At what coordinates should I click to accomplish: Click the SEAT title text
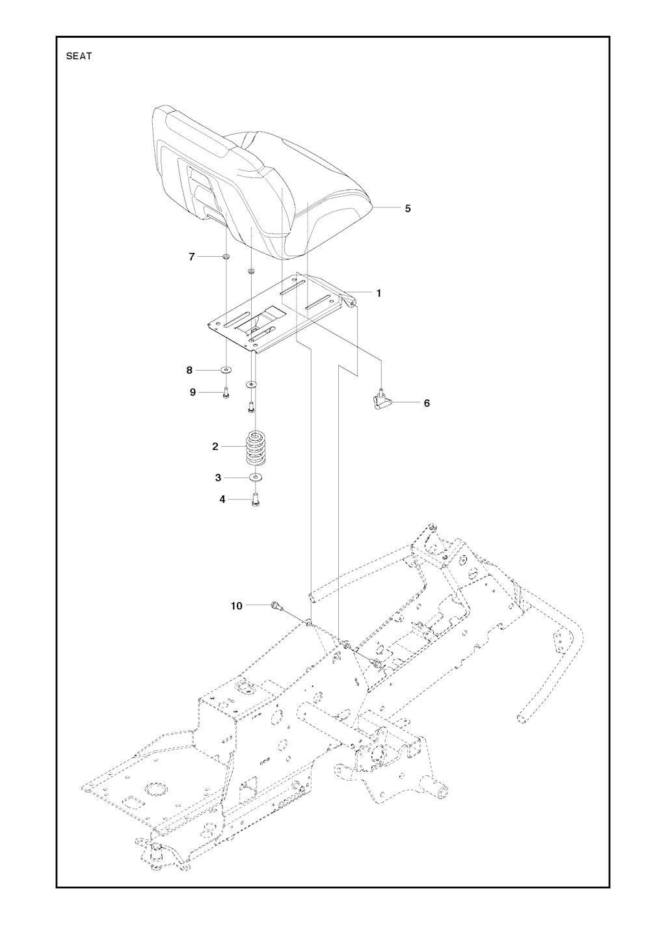(x=79, y=56)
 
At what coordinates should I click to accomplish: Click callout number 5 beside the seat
(x=408, y=208)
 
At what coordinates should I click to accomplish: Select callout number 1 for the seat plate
(x=379, y=293)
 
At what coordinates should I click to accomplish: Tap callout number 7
(x=192, y=257)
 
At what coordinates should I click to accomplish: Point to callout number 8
(x=190, y=370)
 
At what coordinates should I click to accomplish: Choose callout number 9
(x=193, y=392)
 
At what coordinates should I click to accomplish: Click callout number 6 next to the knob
(x=427, y=402)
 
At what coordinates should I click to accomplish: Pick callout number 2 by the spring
(x=215, y=447)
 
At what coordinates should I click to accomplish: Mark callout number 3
(x=218, y=478)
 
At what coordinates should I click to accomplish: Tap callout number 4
(x=222, y=499)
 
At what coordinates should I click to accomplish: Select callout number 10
(x=236, y=606)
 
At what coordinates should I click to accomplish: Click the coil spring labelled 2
(x=255, y=448)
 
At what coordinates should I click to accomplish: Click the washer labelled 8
(x=226, y=369)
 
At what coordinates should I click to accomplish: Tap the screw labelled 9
(x=226, y=393)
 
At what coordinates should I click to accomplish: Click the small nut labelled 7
(x=226, y=257)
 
